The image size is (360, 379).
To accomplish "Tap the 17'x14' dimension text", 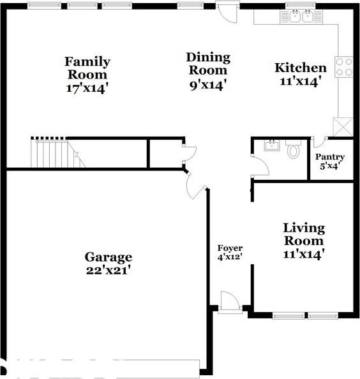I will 87,88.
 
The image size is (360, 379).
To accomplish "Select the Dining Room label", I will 207,63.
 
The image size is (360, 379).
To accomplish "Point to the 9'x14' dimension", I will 207,84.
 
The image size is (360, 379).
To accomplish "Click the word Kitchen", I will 300,68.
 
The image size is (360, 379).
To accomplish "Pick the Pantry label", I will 330,157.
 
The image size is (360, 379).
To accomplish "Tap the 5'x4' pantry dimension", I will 330,166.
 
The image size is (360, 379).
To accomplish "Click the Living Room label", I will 304,234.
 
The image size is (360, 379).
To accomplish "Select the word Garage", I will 109,257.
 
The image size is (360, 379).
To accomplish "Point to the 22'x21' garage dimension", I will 109,270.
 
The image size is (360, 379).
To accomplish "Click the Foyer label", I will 230,248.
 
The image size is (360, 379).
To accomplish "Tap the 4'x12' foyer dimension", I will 230,257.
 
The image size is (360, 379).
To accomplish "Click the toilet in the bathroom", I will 293,151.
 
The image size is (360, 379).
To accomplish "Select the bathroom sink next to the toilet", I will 269,144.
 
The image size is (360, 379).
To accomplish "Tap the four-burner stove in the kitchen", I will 344,67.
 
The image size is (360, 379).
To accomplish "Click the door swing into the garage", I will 195,185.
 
